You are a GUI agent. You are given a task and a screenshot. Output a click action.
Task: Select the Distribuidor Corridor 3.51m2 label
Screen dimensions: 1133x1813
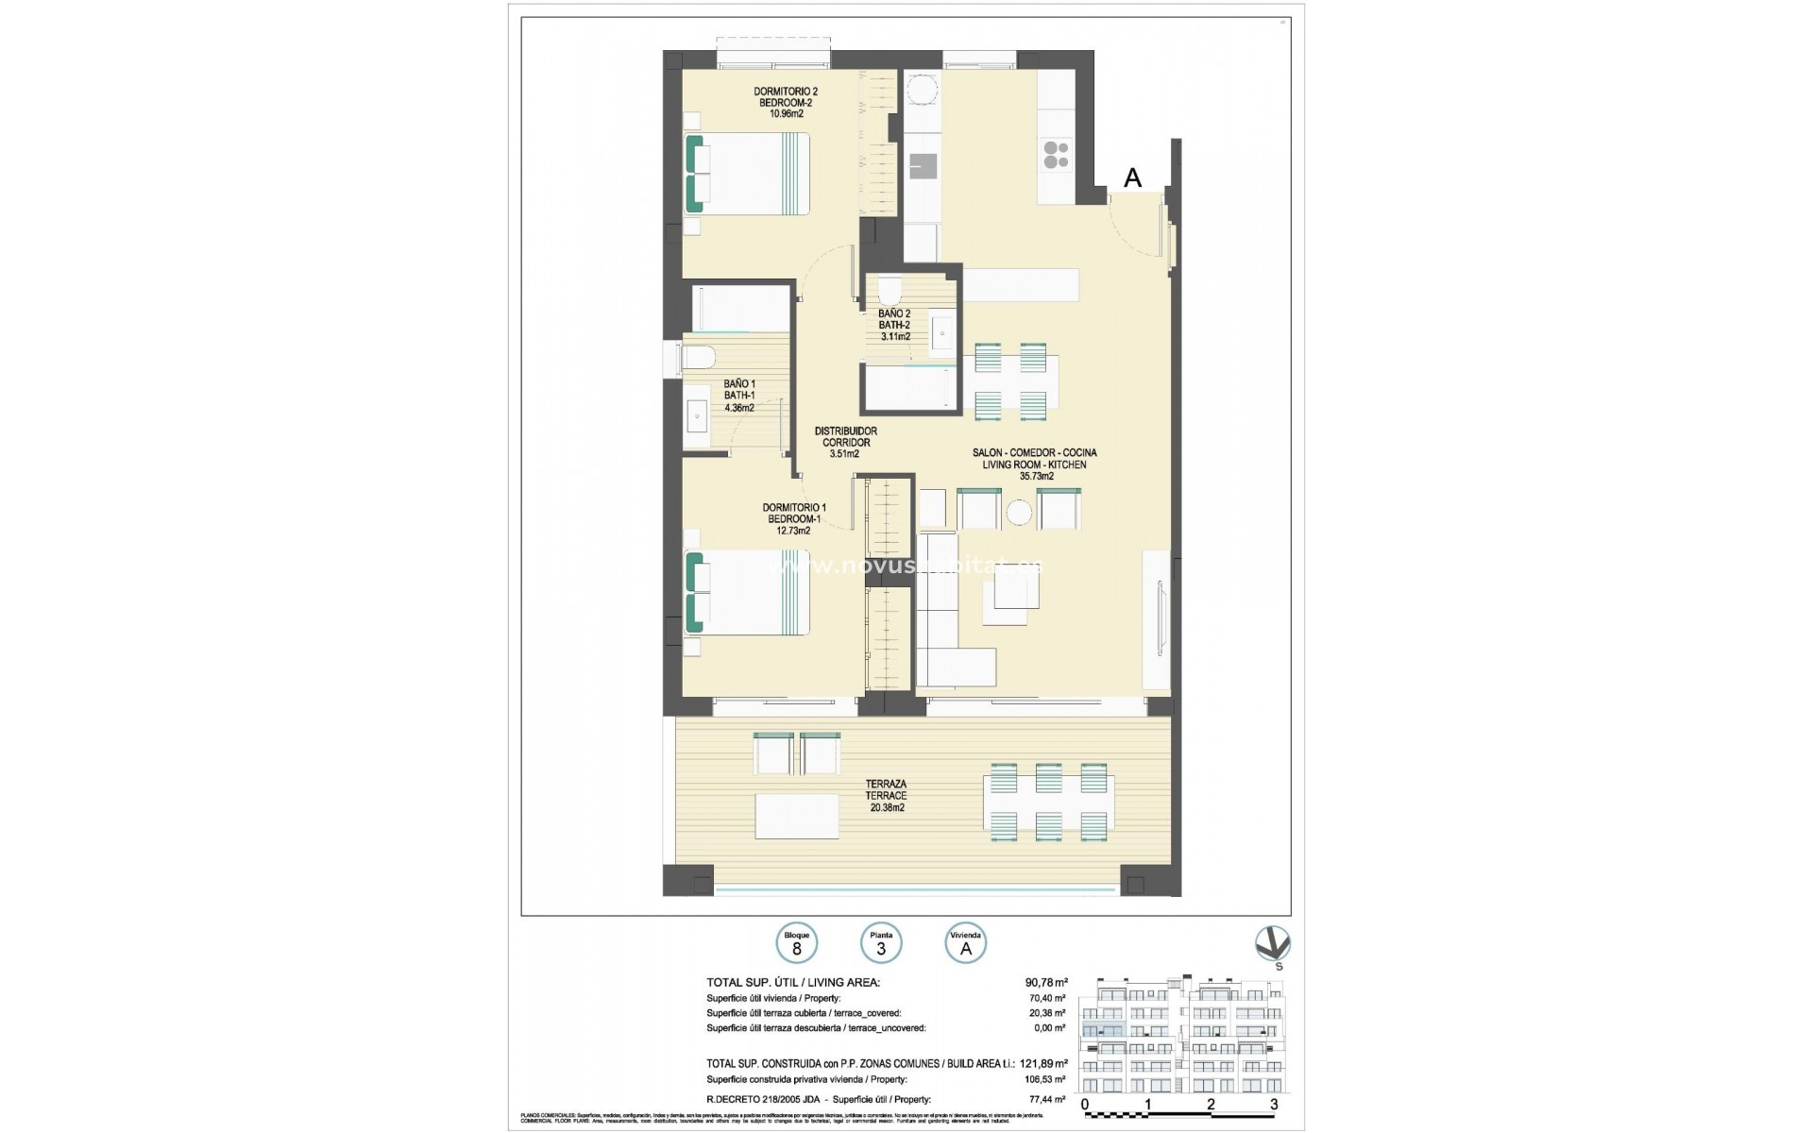point(845,442)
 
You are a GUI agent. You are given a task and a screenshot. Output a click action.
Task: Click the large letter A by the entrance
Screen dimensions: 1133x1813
point(1132,178)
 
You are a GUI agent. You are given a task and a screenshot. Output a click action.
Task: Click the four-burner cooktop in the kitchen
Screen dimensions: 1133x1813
point(1056,155)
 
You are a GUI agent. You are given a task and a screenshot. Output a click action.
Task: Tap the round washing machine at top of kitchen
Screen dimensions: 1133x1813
point(922,91)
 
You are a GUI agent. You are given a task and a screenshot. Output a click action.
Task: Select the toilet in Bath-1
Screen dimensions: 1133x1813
point(699,360)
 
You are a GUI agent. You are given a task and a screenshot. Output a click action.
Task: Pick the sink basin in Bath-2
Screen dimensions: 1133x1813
point(943,332)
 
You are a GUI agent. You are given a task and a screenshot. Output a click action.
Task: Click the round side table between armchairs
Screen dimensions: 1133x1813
point(1019,512)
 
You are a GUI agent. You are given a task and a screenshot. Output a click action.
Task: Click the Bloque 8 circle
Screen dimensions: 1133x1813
point(796,943)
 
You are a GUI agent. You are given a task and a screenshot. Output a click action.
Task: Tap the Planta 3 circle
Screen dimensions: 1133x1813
point(881,943)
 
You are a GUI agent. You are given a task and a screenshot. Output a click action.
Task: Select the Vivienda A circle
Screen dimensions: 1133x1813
point(965,943)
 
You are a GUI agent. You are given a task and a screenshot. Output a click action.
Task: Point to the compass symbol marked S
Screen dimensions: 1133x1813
point(1272,945)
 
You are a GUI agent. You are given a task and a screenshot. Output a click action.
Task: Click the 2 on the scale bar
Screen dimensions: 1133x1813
point(1211,1104)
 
